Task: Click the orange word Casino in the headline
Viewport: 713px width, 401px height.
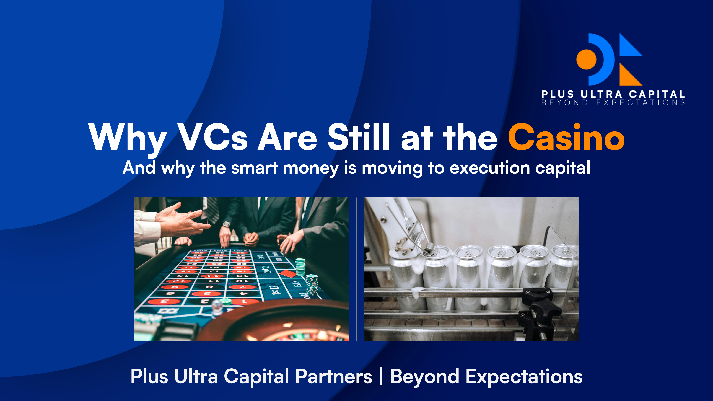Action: coord(566,137)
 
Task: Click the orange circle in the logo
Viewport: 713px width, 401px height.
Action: coord(586,59)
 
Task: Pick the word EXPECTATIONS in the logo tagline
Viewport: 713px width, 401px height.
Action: coord(640,103)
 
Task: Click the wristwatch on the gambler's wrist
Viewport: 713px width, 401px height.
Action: coord(226,224)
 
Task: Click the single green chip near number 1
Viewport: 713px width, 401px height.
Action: coord(226,301)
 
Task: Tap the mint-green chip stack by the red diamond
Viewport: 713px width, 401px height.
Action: coord(300,267)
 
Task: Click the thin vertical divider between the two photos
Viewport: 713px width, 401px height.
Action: coord(356,269)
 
